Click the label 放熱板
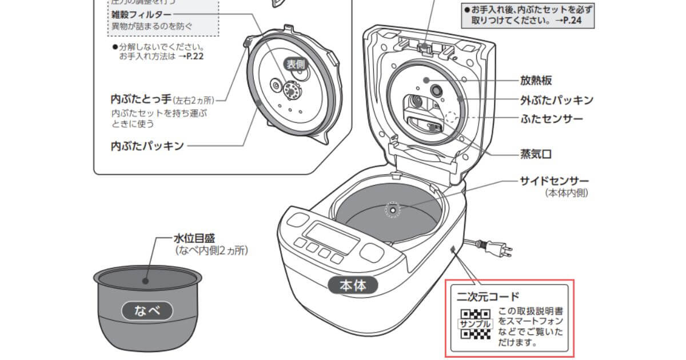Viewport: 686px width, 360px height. coord(536,80)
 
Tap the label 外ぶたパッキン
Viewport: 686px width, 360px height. coord(556,100)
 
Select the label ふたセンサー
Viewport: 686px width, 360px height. coord(551,119)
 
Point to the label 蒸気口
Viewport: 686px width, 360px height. coord(536,154)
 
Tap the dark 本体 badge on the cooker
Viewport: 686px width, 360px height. coord(352,284)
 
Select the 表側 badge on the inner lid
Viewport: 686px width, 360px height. coord(296,65)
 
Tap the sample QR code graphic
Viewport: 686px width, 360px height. coord(475,324)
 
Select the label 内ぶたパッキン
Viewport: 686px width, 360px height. coord(147,146)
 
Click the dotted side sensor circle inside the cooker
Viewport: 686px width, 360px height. coord(392,210)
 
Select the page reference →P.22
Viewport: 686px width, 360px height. coord(194,57)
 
